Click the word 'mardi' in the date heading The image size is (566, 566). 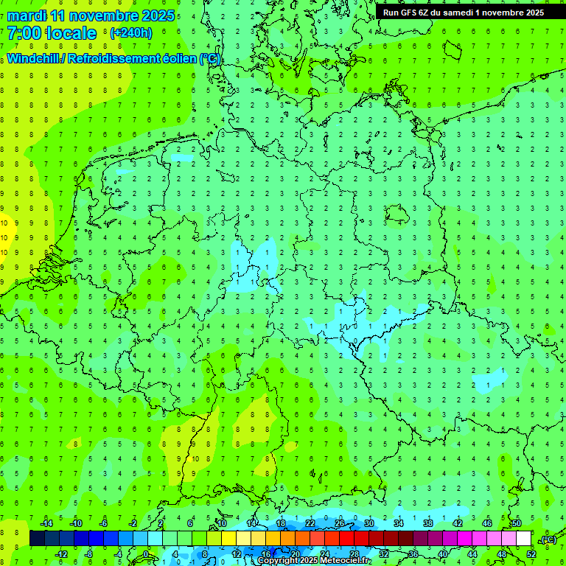[x=27, y=15]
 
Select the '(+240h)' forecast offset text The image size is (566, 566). [x=130, y=32]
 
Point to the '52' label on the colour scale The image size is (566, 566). [x=531, y=554]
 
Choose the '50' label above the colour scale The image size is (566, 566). [x=516, y=523]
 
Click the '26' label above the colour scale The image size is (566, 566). [x=340, y=523]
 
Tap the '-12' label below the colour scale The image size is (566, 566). [x=61, y=554]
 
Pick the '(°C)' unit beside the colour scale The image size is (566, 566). [x=548, y=539]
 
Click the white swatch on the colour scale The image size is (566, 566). [x=523, y=539]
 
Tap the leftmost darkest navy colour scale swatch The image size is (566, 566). [x=37, y=539]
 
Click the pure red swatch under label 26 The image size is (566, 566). [x=346, y=539]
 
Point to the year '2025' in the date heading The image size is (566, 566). [x=158, y=15]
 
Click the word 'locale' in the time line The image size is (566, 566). [x=73, y=33]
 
